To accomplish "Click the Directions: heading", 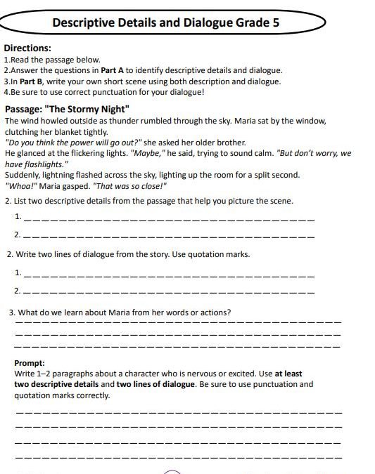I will [27, 48].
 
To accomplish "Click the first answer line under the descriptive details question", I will [169, 220].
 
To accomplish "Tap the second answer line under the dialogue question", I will [169, 291].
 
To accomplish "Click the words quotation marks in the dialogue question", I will [218, 254].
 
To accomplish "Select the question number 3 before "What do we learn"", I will [11, 312].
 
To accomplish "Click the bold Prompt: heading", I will [30, 363].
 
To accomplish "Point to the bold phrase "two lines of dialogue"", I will [155, 384].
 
